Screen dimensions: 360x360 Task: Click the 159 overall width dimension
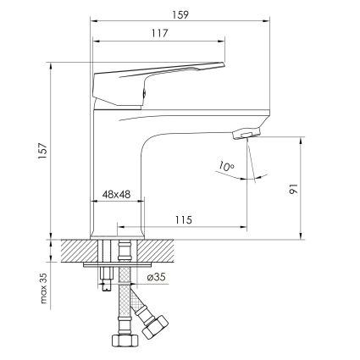click(x=180, y=14)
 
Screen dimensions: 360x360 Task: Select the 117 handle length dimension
click(x=159, y=33)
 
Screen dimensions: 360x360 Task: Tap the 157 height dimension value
click(x=42, y=151)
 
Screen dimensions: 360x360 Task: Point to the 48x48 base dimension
click(x=116, y=194)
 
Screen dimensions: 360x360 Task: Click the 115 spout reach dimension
click(x=184, y=219)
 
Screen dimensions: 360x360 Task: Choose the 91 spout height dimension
click(x=293, y=189)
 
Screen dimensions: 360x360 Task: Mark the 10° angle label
click(x=225, y=166)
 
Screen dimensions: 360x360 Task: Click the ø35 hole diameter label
click(x=156, y=277)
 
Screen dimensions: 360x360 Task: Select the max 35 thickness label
click(x=43, y=288)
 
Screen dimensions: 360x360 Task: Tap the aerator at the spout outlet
click(x=246, y=133)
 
